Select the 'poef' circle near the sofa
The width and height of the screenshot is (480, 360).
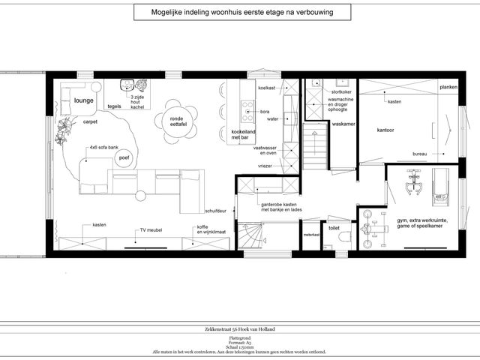pos(124,157)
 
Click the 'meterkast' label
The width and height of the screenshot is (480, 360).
pos(311,235)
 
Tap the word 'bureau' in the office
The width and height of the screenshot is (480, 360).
pos(420,154)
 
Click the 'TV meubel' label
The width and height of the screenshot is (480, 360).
pos(153,230)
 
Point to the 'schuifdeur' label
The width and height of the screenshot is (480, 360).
pos(216,211)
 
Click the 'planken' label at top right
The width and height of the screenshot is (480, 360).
pos(448,87)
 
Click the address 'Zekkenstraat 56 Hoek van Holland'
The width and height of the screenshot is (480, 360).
pos(241,331)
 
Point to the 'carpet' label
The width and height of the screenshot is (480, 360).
pos(90,121)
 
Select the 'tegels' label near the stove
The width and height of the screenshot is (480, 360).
pos(114,106)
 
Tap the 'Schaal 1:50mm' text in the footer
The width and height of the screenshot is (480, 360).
pos(240,346)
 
